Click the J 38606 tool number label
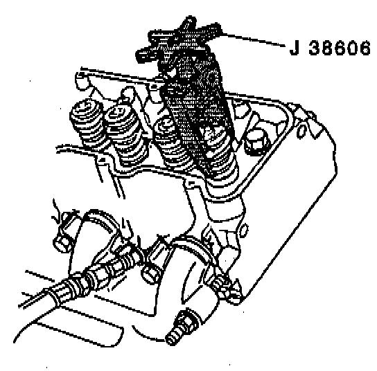(x=330, y=48)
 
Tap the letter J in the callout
(x=295, y=48)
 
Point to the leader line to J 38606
(x=252, y=39)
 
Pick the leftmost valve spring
(x=88, y=125)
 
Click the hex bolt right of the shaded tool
(x=256, y=142)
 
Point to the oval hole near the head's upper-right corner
(x=301, y=132)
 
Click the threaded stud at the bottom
(x=183, y=327)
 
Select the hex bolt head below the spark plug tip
(x=152, y=273)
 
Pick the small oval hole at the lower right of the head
(x=243, y=230)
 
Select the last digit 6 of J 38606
(x=365, y=48)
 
